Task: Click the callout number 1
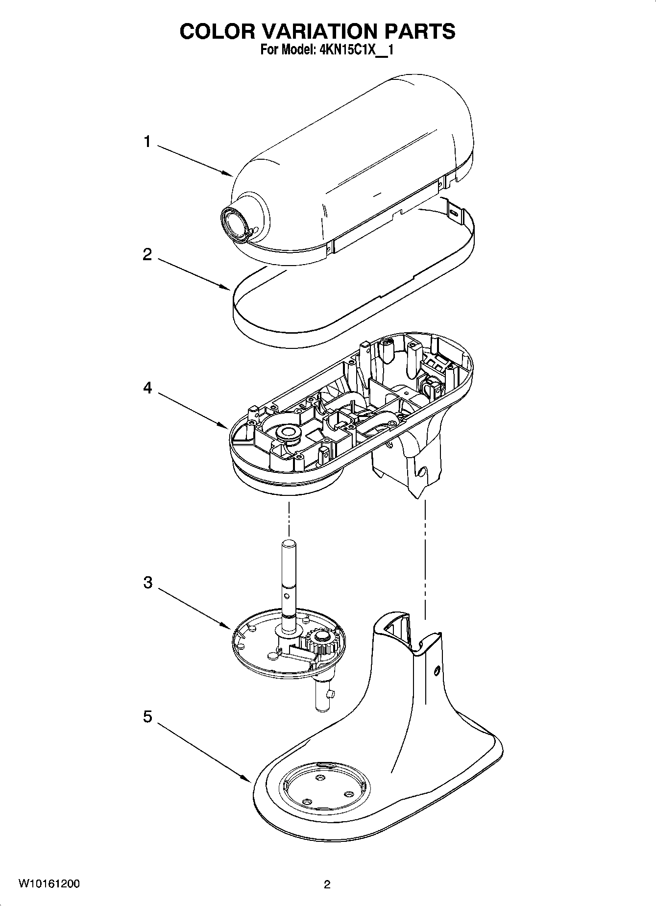click(147, 142)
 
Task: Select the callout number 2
click(147, 255)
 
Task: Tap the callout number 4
click(147, 388)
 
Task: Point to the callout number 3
click(147, 583)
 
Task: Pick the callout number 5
click(147, 717)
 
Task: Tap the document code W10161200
click(49, 884)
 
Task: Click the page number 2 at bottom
click(327, 884)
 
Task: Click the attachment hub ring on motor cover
click(235, 224)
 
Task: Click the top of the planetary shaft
click(289, 543)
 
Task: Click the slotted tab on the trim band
click(456, 213)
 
